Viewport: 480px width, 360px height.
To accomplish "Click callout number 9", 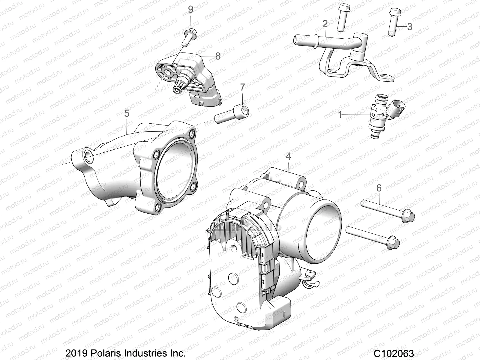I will tap(190, 10).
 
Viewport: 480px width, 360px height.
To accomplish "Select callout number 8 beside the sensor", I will tap(217, 56).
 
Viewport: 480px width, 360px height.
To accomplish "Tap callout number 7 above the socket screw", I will tap(242, 87).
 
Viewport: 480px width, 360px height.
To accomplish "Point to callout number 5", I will tap(127, 113).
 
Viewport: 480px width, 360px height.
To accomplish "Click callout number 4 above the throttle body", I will tap(288, 156).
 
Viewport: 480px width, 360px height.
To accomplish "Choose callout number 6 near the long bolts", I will tap(379, 188).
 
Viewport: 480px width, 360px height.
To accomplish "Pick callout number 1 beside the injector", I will tap(340, 115).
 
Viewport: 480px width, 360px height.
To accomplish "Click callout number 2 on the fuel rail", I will tap(325, 24).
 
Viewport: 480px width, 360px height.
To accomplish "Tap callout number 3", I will tap(409, 26).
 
